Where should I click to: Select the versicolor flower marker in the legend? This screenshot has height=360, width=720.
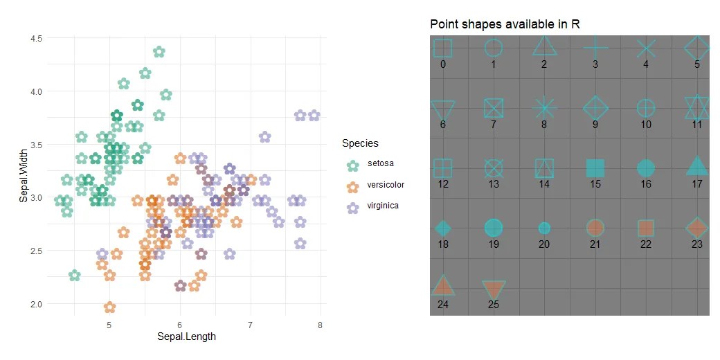pos(353,186)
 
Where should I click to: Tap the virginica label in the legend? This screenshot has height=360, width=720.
pos(382,206)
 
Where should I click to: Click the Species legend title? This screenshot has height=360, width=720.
pos(360,143)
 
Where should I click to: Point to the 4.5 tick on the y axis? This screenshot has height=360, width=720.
pos(36,39)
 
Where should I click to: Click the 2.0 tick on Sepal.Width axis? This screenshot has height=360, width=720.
pos(36,304)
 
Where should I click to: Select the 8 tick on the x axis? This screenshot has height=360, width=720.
pos(320,325)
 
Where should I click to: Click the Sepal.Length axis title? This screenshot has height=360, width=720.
pos(186,337)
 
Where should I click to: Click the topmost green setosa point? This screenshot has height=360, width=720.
pos(159,51)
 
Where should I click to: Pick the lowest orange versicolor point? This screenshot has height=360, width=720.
pos(109,307)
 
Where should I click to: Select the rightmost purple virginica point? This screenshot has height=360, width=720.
pos(314,116)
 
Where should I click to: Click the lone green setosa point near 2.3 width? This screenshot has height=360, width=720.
pos(75,276)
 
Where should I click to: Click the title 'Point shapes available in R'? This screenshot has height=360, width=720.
pos(505,24)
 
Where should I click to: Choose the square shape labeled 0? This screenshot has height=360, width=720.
pos(442,48)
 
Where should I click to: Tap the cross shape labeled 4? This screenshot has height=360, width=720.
pos(646,48)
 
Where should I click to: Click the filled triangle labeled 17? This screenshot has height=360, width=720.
pos(697,167)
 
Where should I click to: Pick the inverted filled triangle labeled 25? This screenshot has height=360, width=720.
pos(494,289)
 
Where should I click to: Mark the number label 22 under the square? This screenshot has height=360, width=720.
pos(646,244)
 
